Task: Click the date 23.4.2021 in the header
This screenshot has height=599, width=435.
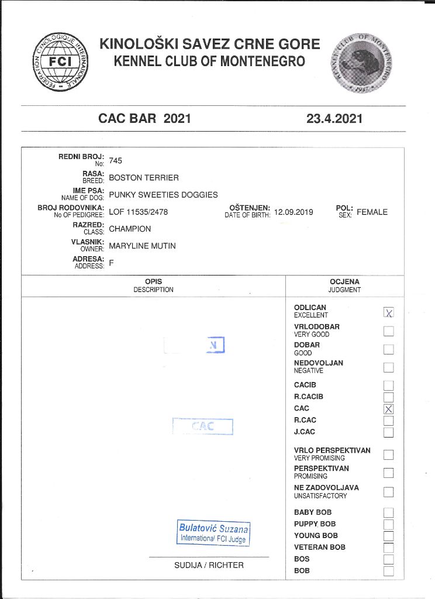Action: [x=334, y=119]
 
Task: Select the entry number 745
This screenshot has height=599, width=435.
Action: [x=116, y=161]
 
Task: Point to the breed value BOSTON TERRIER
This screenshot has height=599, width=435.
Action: [x=144, y=178]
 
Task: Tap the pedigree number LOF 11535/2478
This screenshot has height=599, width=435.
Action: [x=138, y=212]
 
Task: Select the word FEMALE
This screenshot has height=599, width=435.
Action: [x=372, y=212]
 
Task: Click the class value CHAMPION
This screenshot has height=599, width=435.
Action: [x=130, y=229]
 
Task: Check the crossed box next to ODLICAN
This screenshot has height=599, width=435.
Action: [x=389, y=312]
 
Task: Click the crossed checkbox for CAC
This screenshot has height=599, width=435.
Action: [x=389, y=409]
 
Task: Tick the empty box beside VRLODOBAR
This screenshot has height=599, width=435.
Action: [x=389, y=331]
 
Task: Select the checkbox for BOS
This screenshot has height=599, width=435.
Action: [x=389, y=560]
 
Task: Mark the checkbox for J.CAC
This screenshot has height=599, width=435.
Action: [x=389, y=432]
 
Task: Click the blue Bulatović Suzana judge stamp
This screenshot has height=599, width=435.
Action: [x=213, y=533]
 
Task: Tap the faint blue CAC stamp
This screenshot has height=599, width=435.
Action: [x=203, y=426]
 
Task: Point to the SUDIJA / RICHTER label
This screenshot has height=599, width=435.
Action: [x=209, y=565]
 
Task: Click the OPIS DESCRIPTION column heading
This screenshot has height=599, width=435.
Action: [x=153, y=285]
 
